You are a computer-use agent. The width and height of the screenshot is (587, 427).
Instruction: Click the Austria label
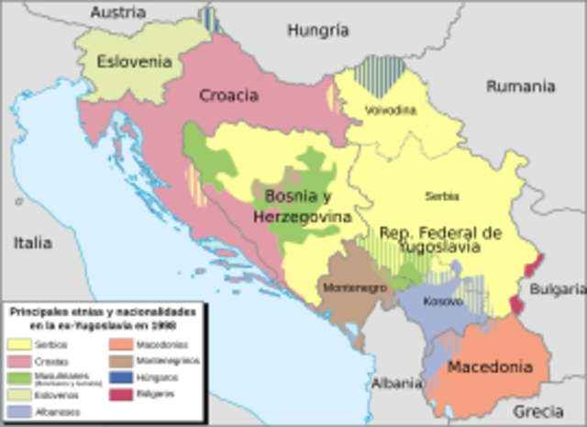(x=118, y=12)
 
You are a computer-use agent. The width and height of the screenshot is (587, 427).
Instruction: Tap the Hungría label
(x=318, y=29)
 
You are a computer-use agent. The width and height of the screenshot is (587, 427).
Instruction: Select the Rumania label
(x=520, y=86)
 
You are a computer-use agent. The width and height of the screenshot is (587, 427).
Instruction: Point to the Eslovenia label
(x=134, y=62)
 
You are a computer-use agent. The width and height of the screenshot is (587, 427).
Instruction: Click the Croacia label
(x=228, y=96)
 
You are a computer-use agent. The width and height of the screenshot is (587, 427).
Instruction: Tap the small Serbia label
(x=442, y=196)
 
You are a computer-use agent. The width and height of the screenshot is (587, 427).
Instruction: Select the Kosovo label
(x=443, y=300)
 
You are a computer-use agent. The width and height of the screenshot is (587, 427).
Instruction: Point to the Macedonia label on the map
(x=489, y=367)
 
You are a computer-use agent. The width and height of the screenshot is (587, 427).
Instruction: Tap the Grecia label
(x=538, y=410)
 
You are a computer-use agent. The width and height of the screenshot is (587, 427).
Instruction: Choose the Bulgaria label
(x=559, y=288)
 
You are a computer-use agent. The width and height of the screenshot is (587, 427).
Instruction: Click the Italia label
(x=32, y=243)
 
